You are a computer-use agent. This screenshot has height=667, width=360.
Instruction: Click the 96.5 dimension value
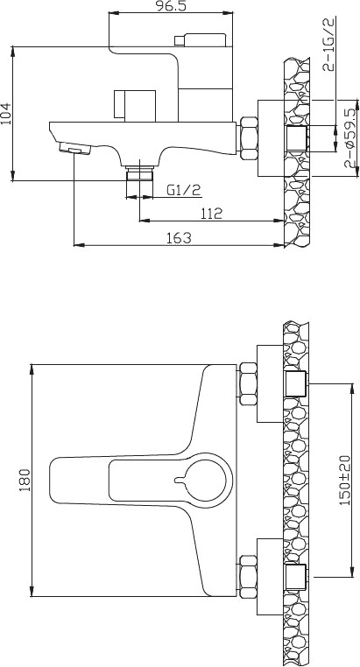[171, 6]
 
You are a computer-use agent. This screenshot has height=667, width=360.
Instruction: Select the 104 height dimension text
[6, 114]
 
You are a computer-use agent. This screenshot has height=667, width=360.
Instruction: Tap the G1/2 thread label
[183, 190]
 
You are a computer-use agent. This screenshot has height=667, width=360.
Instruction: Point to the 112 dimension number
[211, 213]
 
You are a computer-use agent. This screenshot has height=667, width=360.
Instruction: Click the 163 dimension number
[180, 238]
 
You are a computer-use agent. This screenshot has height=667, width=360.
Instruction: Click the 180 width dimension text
[25, 480]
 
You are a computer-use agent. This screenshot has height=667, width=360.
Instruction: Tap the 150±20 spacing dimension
[344, 480]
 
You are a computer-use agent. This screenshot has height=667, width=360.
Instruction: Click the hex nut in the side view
[249, 138]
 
